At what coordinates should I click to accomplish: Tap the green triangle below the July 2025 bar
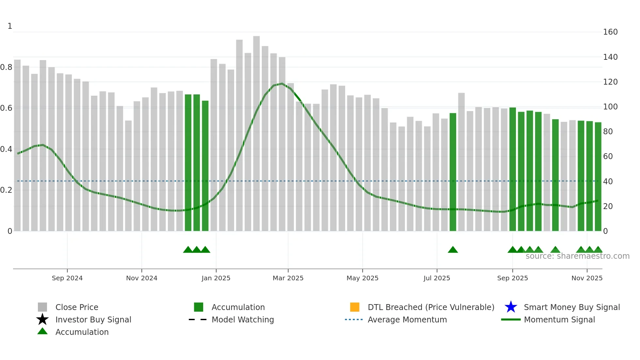[453, 250]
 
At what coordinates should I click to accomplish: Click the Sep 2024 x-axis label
[67, 278]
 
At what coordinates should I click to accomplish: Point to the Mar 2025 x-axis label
[288, 278]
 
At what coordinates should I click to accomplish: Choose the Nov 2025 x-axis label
[587, 278]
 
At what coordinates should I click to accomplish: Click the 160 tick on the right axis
[610, 32]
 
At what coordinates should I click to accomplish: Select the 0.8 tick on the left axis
[6, 67]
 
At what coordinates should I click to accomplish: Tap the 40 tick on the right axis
[608, 181]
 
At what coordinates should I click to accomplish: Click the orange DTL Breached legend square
[355, 307]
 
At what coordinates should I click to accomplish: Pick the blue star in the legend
[511, 307]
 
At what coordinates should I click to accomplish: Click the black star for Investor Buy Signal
[42, 319]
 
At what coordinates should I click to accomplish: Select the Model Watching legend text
[243, 319]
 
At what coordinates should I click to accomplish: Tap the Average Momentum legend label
[407, 319]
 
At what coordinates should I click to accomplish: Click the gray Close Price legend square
[42, 307]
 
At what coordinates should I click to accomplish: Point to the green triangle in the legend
[42, 331]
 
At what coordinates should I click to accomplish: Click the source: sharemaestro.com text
[577, 256]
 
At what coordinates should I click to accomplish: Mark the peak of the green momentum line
[282, 84]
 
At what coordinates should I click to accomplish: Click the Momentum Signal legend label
[559, 319]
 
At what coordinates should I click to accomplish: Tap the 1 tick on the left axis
[10, 26]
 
